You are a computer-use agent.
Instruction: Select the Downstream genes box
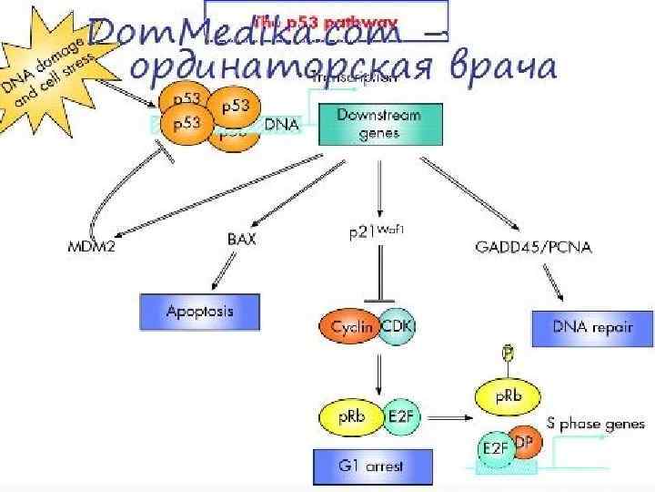[x=381, y=124]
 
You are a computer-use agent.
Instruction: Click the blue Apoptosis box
[x=199, y=312]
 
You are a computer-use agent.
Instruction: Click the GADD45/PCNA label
[x=533, y=246]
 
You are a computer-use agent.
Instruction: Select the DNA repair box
[x=592, y=326]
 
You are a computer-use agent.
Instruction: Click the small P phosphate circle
[x=509, y=352]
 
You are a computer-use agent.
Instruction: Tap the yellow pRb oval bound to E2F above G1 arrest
[x=349, y=415]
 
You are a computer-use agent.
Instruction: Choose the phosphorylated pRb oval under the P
[x=508, y=397]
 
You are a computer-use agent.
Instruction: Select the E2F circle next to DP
[x=494, y=449]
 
